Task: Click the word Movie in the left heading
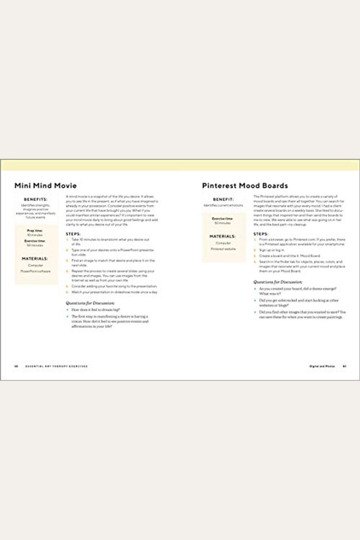(64, 185)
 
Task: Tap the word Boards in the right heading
(273, 185)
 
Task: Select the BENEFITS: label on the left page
(36, 198)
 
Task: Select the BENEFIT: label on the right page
(224, 198)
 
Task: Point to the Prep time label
(36, 230)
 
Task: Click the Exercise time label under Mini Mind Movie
(36, 241)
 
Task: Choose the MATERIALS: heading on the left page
(36, 259)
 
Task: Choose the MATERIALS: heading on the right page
(224, 235)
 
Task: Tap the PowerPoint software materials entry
(36, 271)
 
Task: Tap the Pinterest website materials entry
(224, 248)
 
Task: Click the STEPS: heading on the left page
(73, 234)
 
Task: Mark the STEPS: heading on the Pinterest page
(261, 234)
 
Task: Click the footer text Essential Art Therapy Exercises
(56, 366)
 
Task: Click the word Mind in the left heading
(40, 185)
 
